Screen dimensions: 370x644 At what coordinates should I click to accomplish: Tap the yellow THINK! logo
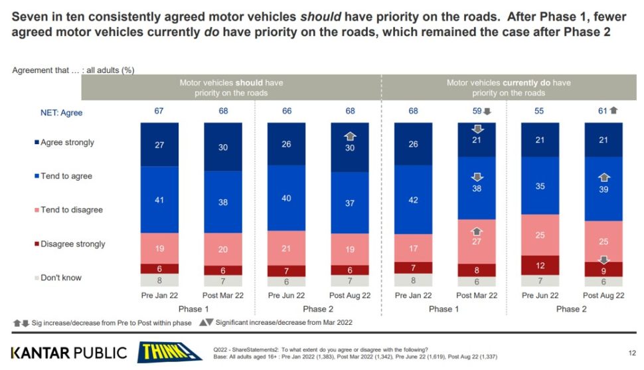169,351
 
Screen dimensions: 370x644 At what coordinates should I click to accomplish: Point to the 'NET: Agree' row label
62,113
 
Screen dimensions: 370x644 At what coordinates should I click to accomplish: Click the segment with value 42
414,200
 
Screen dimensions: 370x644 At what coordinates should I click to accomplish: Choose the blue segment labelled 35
540,186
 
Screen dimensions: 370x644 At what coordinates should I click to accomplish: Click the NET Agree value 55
540,111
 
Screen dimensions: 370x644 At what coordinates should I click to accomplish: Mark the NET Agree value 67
159,111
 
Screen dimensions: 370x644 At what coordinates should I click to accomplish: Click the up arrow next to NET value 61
613,111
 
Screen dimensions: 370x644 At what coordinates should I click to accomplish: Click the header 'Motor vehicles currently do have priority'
508,88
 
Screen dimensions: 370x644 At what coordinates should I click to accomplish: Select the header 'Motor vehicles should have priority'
230,88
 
